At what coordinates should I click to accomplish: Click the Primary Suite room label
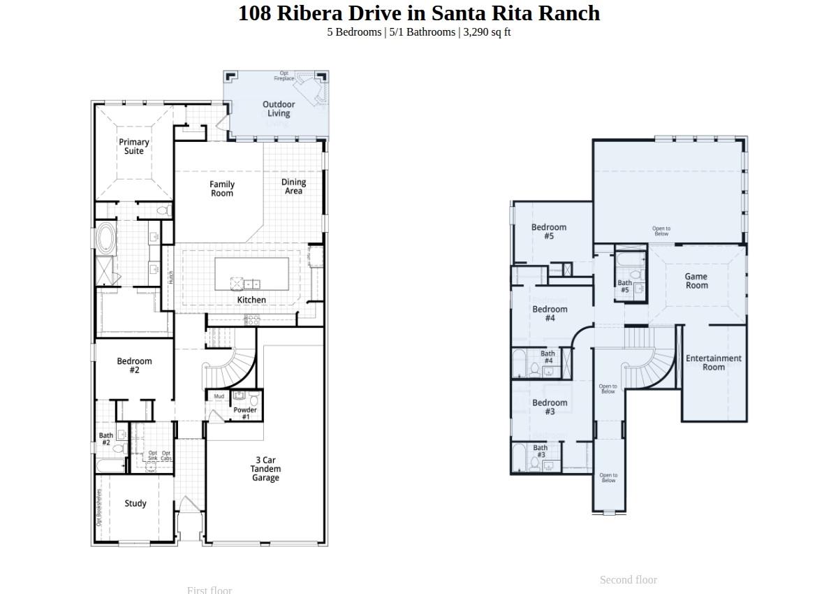pyautogui.click(x=133, y=147)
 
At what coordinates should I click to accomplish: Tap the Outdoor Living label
pyautogui.click(x=279, y=109)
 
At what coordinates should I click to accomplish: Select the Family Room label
pyautogui.click(x=222, y=189)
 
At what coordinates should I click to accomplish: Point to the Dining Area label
pyautogui.click(x=293, y=187)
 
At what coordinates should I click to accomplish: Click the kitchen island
pyautogui.click(x=251, y=274)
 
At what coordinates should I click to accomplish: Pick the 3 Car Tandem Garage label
pyautogui.click(x=265, y=469)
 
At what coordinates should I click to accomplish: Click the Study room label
pyautogui.click(x=135, y=503)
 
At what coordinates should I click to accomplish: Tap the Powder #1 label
pyautogui.click(x=245, y=413)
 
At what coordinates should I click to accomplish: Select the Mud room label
pyautogui.click(x=219, y=396)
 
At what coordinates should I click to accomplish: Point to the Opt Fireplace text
pyautogui.click(x=284, y=75)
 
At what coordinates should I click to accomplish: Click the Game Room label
pyautogui.click(x=696, y=281)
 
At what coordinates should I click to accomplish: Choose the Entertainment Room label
pyautogui.click(x=714, y=363)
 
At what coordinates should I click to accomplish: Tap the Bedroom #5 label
pyautogui.click(x=549, y=231)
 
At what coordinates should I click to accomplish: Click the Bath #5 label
pyautogui.click(x=624, y=287)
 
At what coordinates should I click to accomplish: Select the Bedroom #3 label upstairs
pyautogui.click(x=550, y=407)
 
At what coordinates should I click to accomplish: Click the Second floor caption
pyautogui.click(x=628, y=579)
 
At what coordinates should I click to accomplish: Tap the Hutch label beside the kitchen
pyautogui.click(x=170, y=277)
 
